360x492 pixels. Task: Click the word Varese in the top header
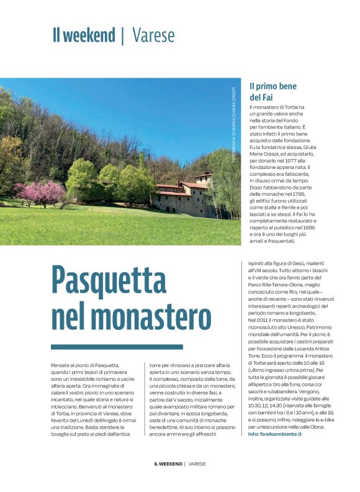[x=153, y=35]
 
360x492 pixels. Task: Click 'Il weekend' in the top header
[x=84, y=35]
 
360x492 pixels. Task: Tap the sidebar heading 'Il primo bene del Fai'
[x=273, y=92]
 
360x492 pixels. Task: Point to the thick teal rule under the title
[x=117, y=347]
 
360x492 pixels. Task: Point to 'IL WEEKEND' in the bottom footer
[x=168, y=481]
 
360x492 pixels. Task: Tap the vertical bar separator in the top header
[x=123, y=35]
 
